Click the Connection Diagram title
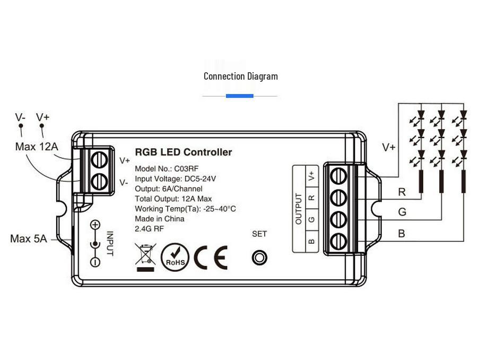pos(240,76)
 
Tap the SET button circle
pos(259,257)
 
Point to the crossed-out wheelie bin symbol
pos(145,255)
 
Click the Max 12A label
pos(37,147)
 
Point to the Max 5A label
pos(29,239)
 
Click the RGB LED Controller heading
pos(183,152)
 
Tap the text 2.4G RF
pos(150,228)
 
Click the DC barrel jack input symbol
pos(95,244)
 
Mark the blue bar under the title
pos(240,96)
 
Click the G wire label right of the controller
pos(402,212)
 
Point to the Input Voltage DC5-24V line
pos(175,178)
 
